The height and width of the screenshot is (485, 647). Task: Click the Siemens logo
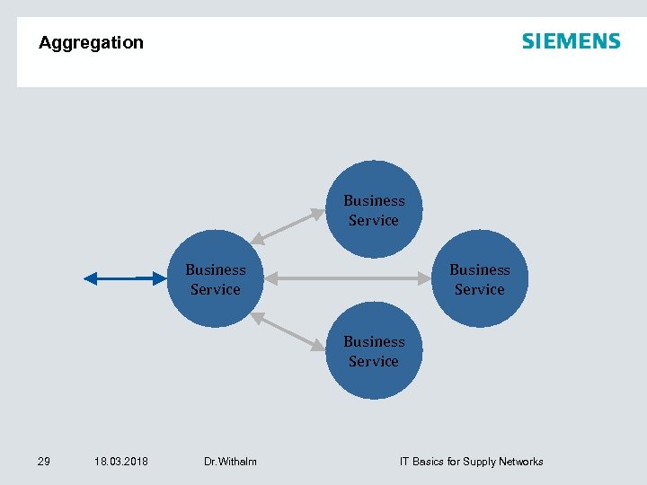point(571,41)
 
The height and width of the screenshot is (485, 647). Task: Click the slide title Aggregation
point(91,42)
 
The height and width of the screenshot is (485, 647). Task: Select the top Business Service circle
point(373,209)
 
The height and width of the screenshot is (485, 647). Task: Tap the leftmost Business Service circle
point(216,279)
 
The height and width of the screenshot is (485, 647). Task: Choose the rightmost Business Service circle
point(479,279)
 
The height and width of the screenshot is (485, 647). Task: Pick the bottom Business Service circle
point(373,351)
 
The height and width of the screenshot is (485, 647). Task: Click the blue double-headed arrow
point(126,279)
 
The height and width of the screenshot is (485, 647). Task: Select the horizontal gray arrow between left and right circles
point(350,279)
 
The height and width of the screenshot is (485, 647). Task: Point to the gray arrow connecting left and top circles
point(288,226)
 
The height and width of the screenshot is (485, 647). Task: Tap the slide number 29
point(43,462)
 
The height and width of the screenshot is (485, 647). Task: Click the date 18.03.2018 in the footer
point(121,462)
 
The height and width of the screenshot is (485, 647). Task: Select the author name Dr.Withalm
point(230,462)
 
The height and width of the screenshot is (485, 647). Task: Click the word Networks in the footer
point(522,462)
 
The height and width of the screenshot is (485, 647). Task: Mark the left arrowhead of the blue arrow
point(90,279)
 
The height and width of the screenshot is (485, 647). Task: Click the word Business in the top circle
point(374,200)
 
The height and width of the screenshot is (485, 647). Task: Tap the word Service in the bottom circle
point(373,361)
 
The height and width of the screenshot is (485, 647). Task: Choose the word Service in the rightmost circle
point(479,289)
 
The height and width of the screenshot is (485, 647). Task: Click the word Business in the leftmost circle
point(216,269)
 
